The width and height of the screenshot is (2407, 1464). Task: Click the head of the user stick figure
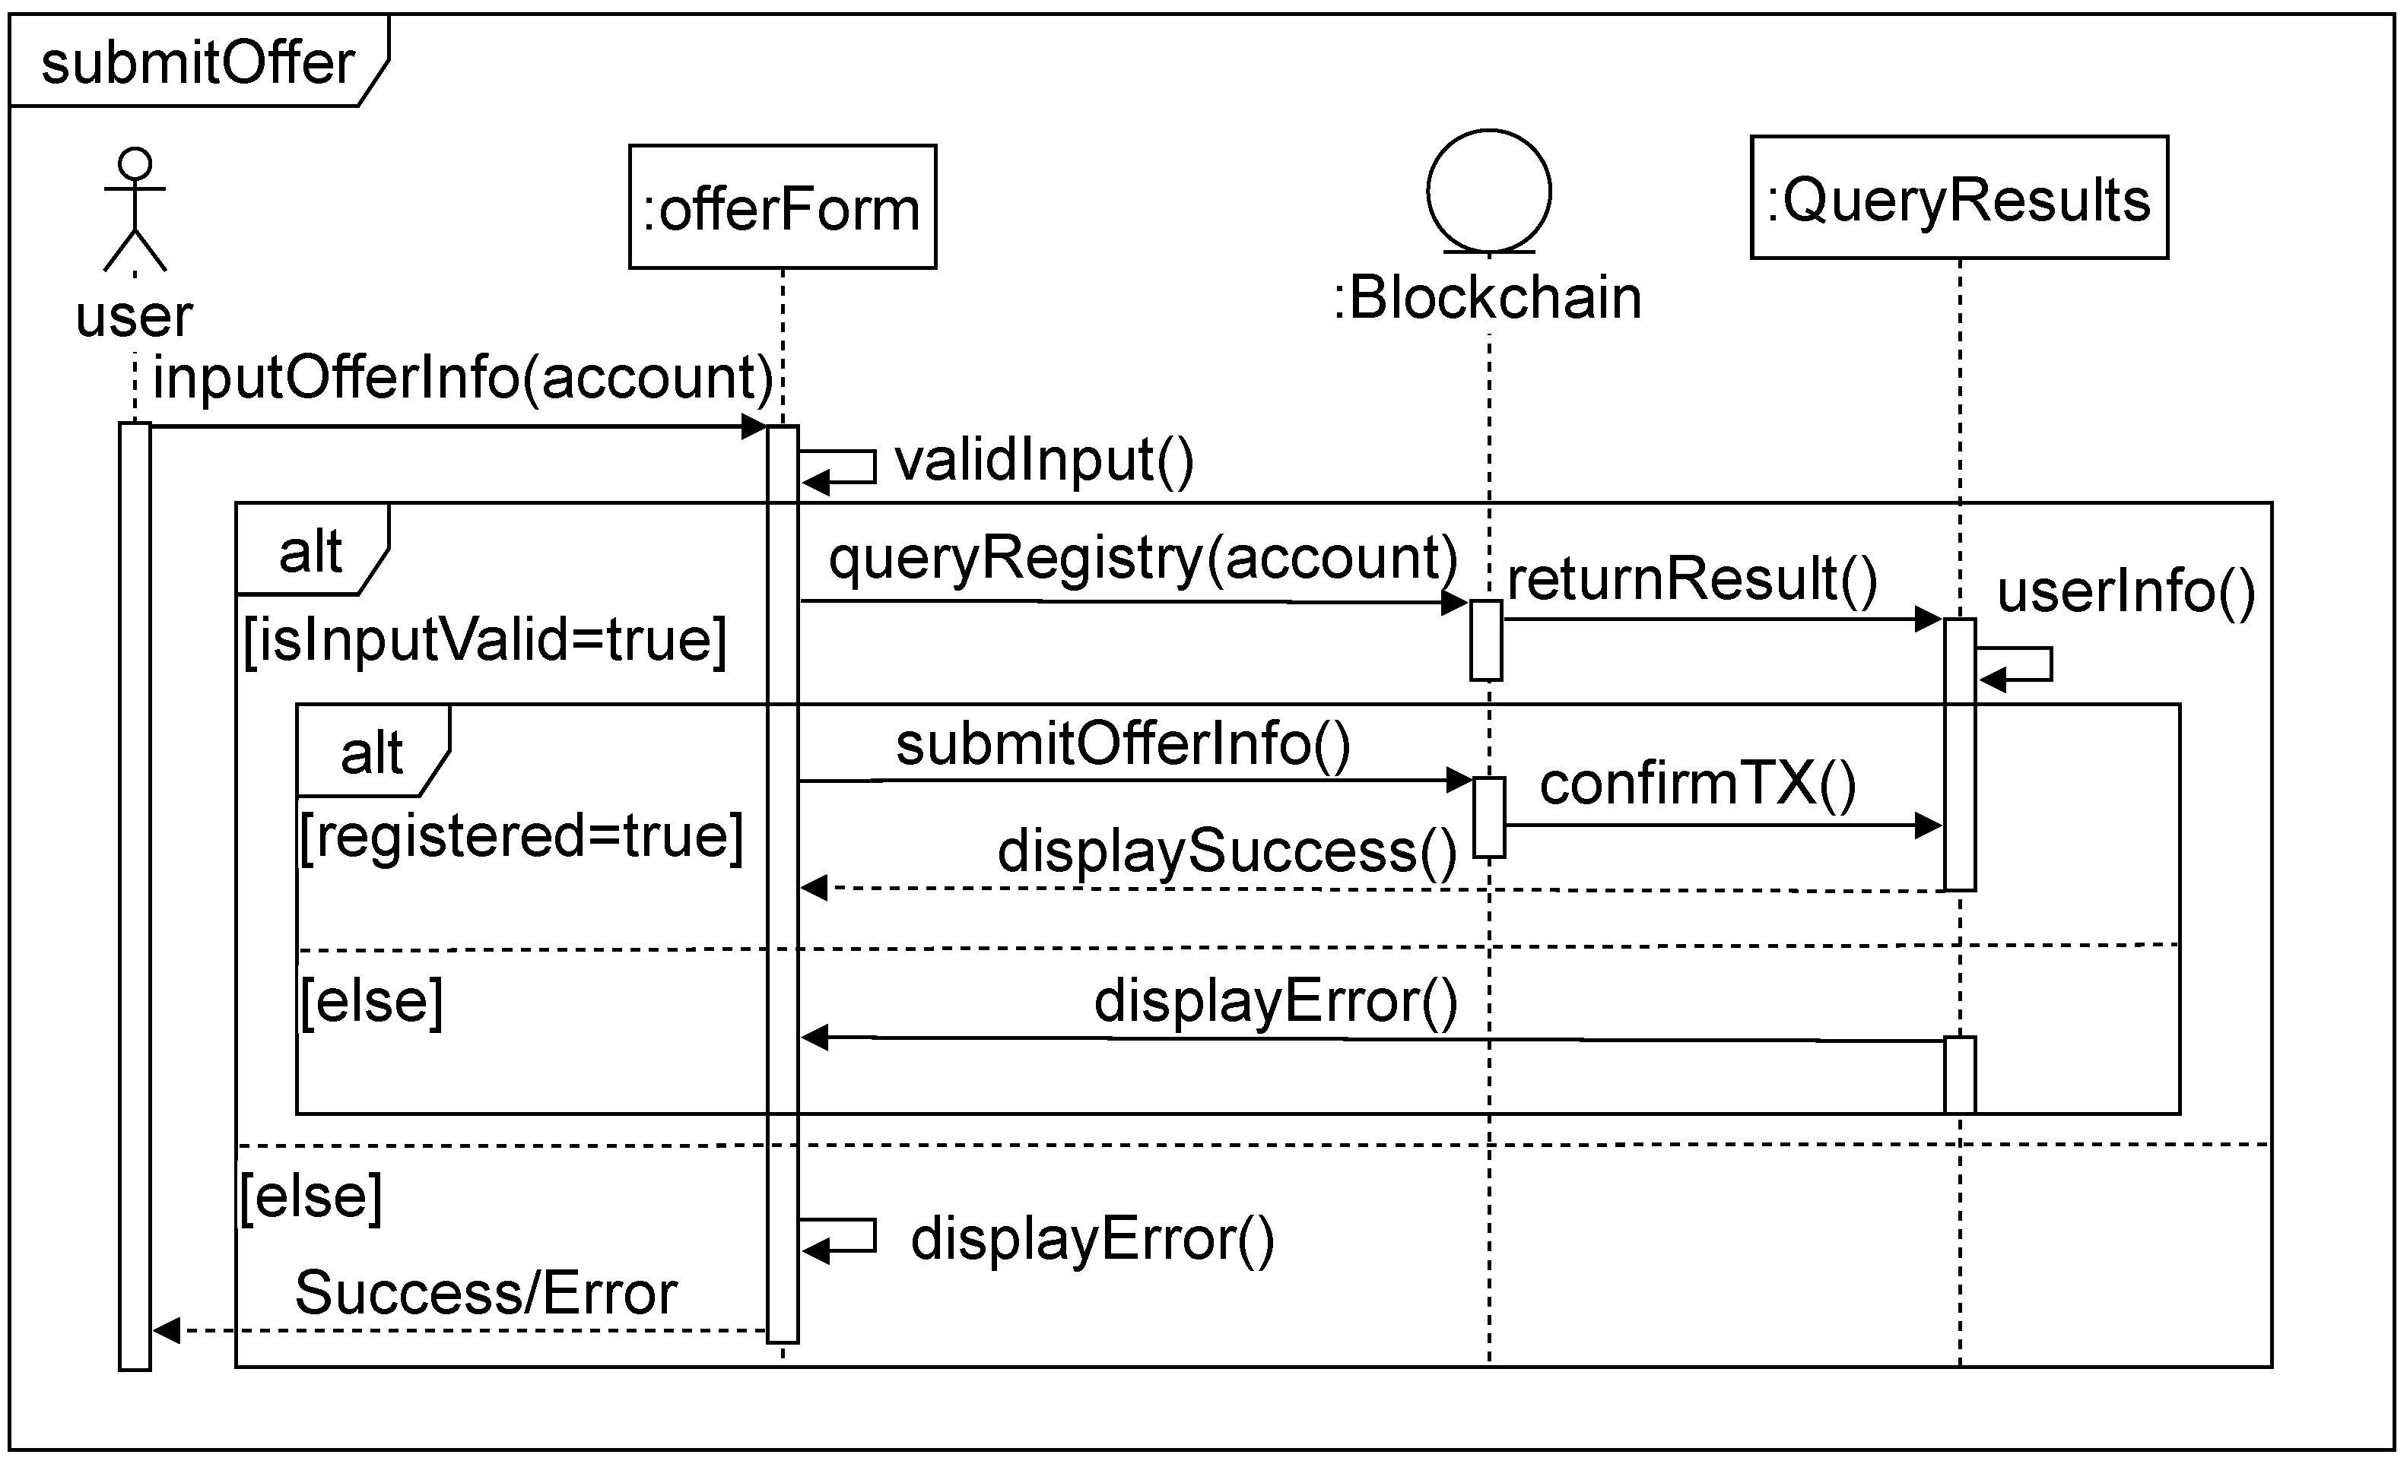[x=135, y=164]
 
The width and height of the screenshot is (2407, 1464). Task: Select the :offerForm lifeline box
[x=783, y=207]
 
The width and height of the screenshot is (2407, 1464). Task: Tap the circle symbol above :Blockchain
[x=1489, y=192]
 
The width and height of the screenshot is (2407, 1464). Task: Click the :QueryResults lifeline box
[x=1958, y=198]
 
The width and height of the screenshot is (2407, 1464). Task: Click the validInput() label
[x=1043, y=460]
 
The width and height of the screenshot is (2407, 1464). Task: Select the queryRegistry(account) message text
[x=1143, y=558]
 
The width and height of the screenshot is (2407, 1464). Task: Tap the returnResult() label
[x=1692, y=578]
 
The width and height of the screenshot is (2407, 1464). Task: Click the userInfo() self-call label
[x=2126, y=592]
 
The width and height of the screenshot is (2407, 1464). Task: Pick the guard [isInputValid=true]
[x=484, y=641]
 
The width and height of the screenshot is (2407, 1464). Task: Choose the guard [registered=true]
[x=521, y=837]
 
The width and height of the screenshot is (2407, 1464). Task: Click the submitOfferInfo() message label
[x=1123, y=744]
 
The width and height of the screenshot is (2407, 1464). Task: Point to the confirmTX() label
[x=1697, y=784]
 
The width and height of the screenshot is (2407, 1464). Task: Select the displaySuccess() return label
[x=1227, y=851]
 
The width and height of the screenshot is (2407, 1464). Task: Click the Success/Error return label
[x=485, y=1293]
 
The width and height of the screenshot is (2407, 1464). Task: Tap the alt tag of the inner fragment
[x=371, y=753]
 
